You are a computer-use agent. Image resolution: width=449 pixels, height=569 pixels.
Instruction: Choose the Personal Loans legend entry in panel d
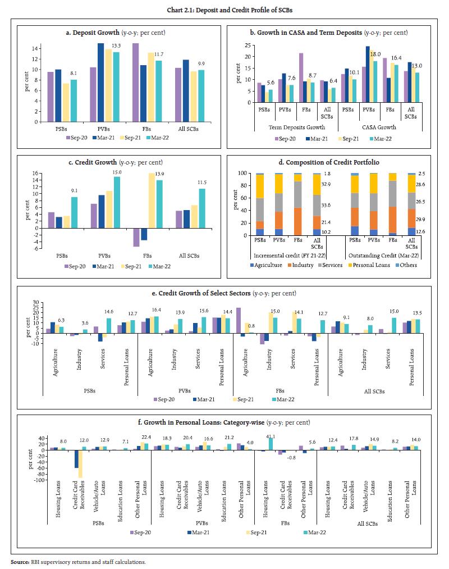tap(367, 265)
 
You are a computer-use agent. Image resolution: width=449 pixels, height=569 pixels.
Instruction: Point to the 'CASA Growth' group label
tap(380, 127)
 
